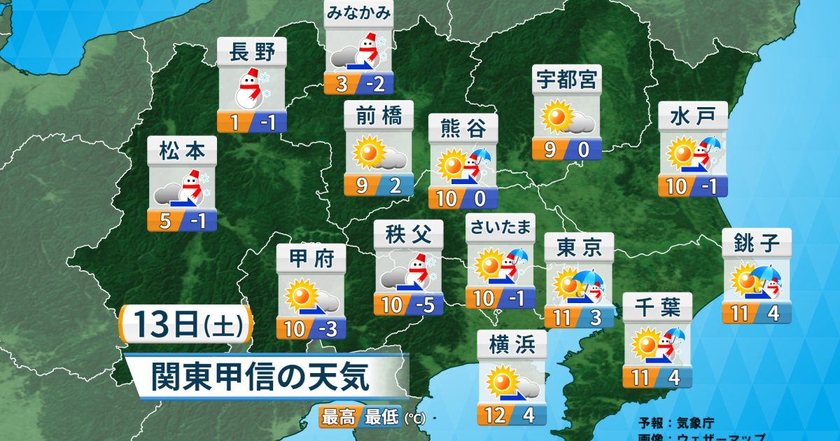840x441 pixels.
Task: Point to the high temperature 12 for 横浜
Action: (495, 415)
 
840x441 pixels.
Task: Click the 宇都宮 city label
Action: (567, 80)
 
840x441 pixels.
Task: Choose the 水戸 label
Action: (693, 115)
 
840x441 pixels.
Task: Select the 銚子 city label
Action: (757, 243)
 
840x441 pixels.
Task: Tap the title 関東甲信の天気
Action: (260, 377)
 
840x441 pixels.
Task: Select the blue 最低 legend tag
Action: (381, 418)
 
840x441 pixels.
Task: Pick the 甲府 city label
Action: (311, 258)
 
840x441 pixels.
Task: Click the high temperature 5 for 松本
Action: (165, 221)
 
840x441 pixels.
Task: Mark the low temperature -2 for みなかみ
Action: (377, 85)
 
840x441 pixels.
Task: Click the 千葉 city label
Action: (657, 307)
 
